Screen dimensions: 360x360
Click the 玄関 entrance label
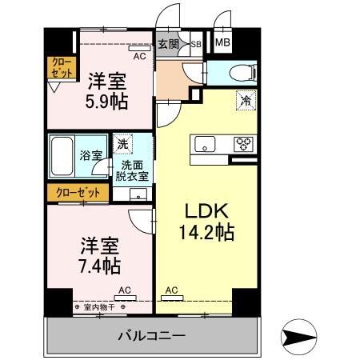point(167,45)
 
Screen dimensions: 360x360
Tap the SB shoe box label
point(194,45)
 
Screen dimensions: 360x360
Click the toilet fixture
point(240,73)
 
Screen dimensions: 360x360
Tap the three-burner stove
point(242,144)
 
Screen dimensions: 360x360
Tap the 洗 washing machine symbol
point(122,144)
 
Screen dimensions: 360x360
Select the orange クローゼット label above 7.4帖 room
point(78,192)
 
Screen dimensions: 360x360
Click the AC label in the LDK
point(172,290)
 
